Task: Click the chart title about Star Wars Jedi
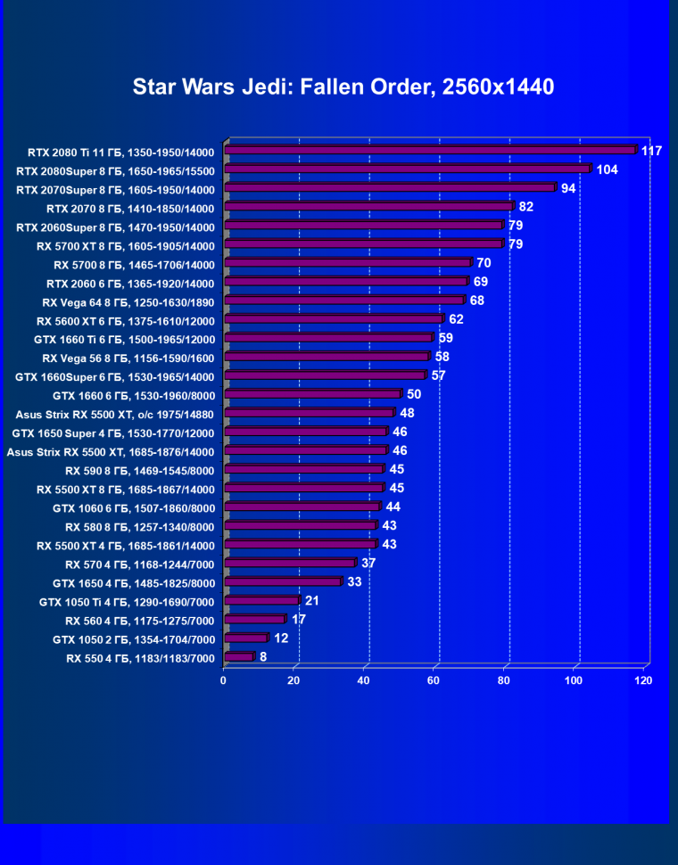pyautogui.click(x=343, y=87)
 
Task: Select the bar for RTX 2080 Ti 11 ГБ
pyautogui.click(x=432, y=151)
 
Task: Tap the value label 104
pyautogui.click(x=608, y=169)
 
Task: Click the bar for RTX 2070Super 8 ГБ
pyautogui.click(x=392, y=188)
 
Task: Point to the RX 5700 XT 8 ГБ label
pyautogui.click(x=126, y=245)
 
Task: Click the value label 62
pyautogui.click(x=457, y=318)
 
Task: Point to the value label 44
pyautogui.click(x=393, y=507)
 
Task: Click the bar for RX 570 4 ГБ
pyautogui.click(x=291, y=563)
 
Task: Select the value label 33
pyautogui.click(x=354, y=581)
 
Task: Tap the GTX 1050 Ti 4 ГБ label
pyautogui.click(x=127, y=602)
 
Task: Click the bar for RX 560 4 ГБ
pyautogui.click(x=255, y=619)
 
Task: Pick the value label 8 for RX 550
pyautogui.click(x=263, y=656)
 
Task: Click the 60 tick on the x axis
pyautogui.click(x=434, y=680)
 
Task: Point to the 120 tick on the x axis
pyautogui.click(x=643, y=680)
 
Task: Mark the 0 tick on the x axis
pyautogui.click(x=224, y=680)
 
